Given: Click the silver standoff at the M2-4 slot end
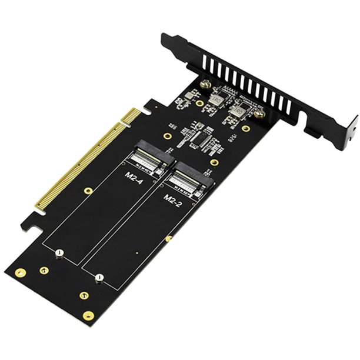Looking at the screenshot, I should click(59, 253).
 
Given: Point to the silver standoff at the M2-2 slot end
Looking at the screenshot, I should click(99, 276).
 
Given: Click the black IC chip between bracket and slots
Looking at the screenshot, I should click(203, 140).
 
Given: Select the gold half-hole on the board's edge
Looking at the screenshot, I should click(169, 238).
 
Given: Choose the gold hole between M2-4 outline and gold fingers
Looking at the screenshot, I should click(88, 191).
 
